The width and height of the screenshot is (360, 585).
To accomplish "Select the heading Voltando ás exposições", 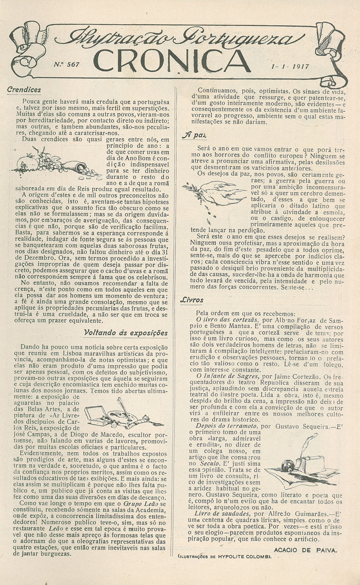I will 126,332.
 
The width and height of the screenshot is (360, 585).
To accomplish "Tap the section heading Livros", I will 192,300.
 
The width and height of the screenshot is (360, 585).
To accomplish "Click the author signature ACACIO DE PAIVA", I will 305,550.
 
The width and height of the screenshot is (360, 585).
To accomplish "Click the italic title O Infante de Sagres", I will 228,376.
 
